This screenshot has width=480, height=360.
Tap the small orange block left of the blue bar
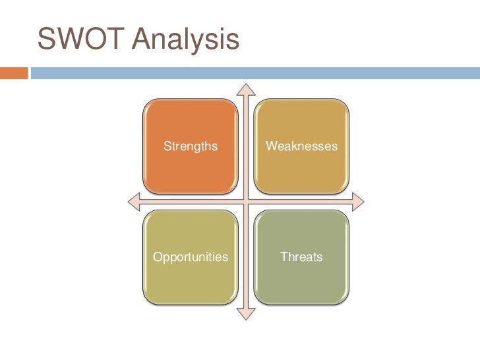click(x=14, y=72)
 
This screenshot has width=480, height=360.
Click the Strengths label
click(x=191, y=146)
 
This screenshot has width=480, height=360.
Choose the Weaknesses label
click(x=301, y=146)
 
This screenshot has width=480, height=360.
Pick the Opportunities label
click(x=191, y=256)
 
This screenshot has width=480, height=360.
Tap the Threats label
click(x=301, y=256)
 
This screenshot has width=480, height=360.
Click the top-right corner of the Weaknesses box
click(x=347, y=102)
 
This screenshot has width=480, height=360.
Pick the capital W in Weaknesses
click(x=270, y=146)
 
